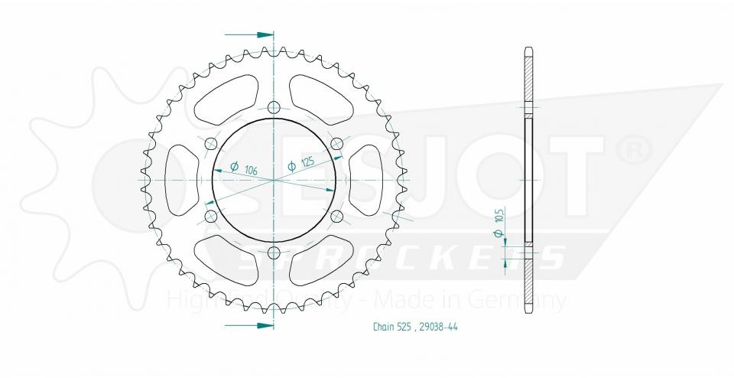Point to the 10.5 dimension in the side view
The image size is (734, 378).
499,226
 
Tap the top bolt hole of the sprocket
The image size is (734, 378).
274,108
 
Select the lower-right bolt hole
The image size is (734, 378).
336,217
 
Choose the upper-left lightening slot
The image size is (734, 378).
224,103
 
